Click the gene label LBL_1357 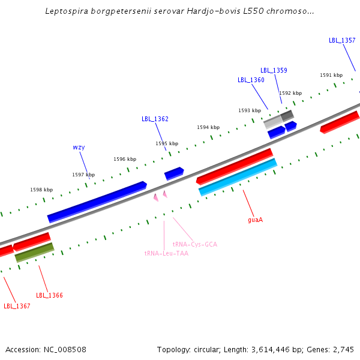(342, 40)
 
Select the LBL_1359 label (274, 70)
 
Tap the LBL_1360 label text (251, 80)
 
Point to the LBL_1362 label (155, 119)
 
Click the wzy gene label (79, 147)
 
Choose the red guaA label (255, 220)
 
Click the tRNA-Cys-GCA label (194, 244)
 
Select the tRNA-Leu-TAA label (166, 253)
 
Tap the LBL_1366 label (49, 295)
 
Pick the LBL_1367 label (17, 306)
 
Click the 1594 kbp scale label (208, 127)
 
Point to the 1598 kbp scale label (41, 190)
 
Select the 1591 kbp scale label (331, 75)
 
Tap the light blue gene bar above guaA (238, 177)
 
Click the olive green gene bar (34, 252)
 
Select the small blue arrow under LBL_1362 (174, 173)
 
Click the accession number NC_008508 (66, 349)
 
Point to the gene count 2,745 (343, 349)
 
